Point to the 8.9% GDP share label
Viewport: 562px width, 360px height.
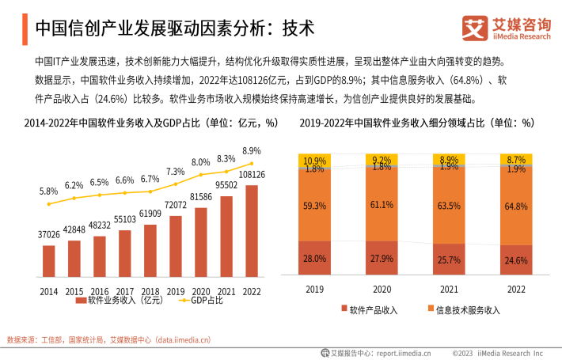click(252, 150)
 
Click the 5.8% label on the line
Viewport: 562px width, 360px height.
click(48, 191)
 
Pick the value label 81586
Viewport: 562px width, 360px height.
click(201, 196)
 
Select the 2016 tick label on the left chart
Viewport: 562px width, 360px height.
click(100, 292)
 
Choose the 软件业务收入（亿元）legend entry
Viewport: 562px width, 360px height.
click(119, 301)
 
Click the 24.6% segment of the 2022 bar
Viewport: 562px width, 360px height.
click(516, 260)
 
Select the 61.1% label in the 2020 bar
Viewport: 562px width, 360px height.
click(383, 205)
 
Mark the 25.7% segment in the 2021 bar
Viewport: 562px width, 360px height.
click(450, 260)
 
